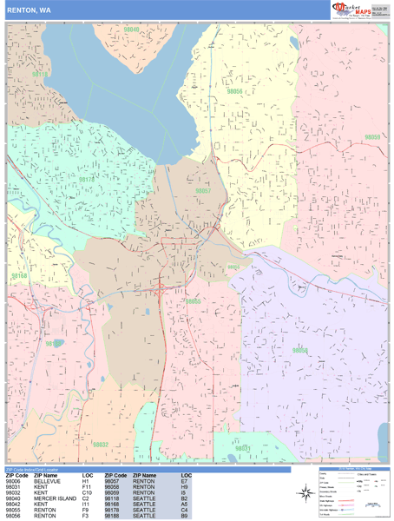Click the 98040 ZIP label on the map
tap(131, 29)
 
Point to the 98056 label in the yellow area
tap(235, 90)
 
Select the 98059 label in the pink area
tap(371, 137)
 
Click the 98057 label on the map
tap(202, 190)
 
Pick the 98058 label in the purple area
tap(300, 350)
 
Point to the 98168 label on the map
tap(19, 276)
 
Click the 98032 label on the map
tap(100, 445)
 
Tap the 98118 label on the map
tap(38, 76)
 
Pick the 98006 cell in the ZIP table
tap(14, 482)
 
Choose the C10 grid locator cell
tap(88, 492)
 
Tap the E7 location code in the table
tap(185, 482)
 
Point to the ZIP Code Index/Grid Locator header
tap(36, 470)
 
